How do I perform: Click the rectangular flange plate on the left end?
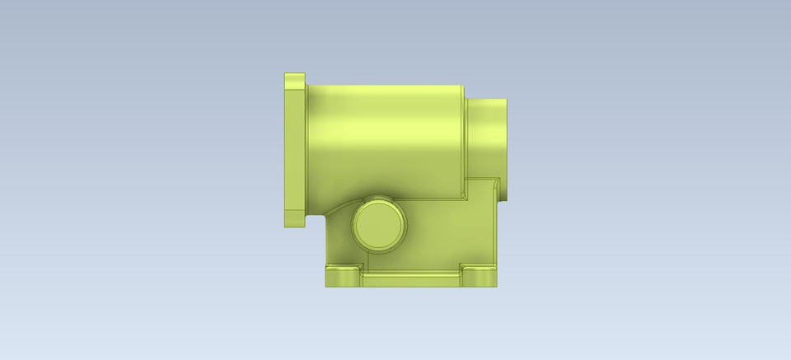294,148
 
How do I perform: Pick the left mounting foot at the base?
344,276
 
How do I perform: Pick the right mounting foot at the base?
479,276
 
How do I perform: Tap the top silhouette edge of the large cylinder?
383,84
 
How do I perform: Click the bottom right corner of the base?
496,285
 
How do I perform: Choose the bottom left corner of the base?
327,285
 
